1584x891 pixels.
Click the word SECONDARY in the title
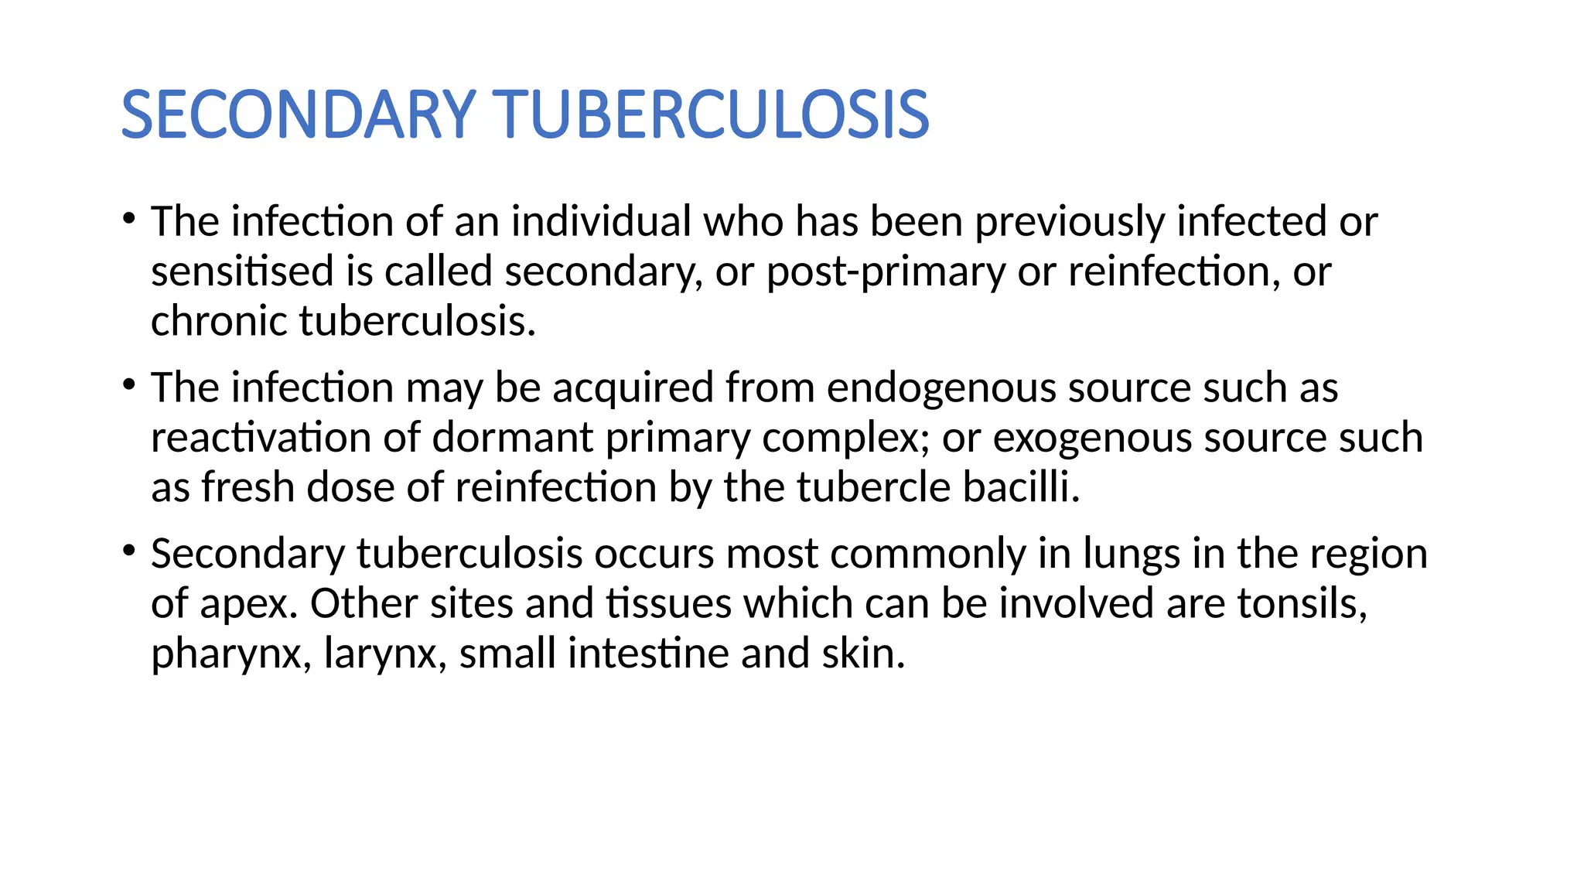click(299, 115)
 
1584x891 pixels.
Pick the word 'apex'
click(247, 604)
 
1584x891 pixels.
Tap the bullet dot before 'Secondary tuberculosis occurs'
click(128, 551)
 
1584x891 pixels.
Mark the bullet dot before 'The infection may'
click(128, 384)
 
